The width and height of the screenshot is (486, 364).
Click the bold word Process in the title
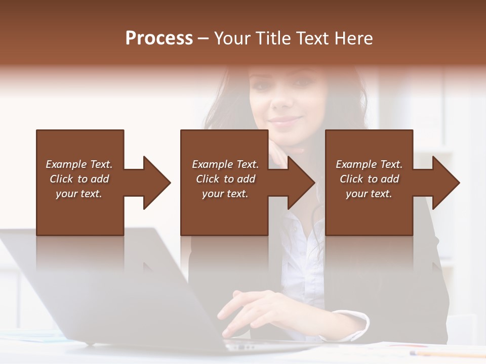[159, 38]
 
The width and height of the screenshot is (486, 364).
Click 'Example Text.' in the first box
[79, 164]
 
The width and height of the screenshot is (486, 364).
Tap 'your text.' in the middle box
[225, 194]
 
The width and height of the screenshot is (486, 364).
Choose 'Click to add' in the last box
[369, 179]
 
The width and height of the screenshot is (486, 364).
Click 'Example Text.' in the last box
[369, 164]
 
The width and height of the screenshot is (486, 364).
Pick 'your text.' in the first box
[79, 194]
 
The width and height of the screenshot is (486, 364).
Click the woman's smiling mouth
[285, 121]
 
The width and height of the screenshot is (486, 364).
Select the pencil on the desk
[445, 353]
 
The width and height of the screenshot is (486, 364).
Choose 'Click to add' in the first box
[79, 179]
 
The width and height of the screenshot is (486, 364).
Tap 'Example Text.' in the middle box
[225, 164]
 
